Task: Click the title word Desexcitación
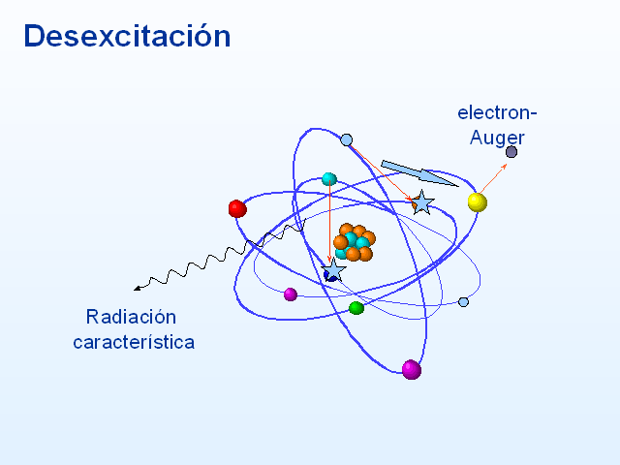(x=127, y=36)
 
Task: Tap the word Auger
(x=497, y=138)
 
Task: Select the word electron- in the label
(x=497, y=112)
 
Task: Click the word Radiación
(x=131, y=317)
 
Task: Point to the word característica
(x=134, y=342)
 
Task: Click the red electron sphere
(x=237, y=209)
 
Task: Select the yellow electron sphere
(x=478, y=202)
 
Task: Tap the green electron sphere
(x=356, y=308)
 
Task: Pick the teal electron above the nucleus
(x=329, y=179)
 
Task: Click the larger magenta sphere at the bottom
(x=412, y=370)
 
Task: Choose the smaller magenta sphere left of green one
(x=291, y=294)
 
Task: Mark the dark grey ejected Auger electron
(x=511, y=152)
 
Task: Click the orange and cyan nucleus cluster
(x=355, y=242)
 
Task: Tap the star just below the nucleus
(x=333, y=270)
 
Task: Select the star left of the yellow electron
(x=422, y=202)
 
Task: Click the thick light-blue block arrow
(x=419, y=172)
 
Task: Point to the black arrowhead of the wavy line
(x=138, y=289)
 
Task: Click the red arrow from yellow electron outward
(x=493, y=178)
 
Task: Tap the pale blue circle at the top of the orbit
(x=347, y=139)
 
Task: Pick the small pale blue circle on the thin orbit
(x=463, y=302)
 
